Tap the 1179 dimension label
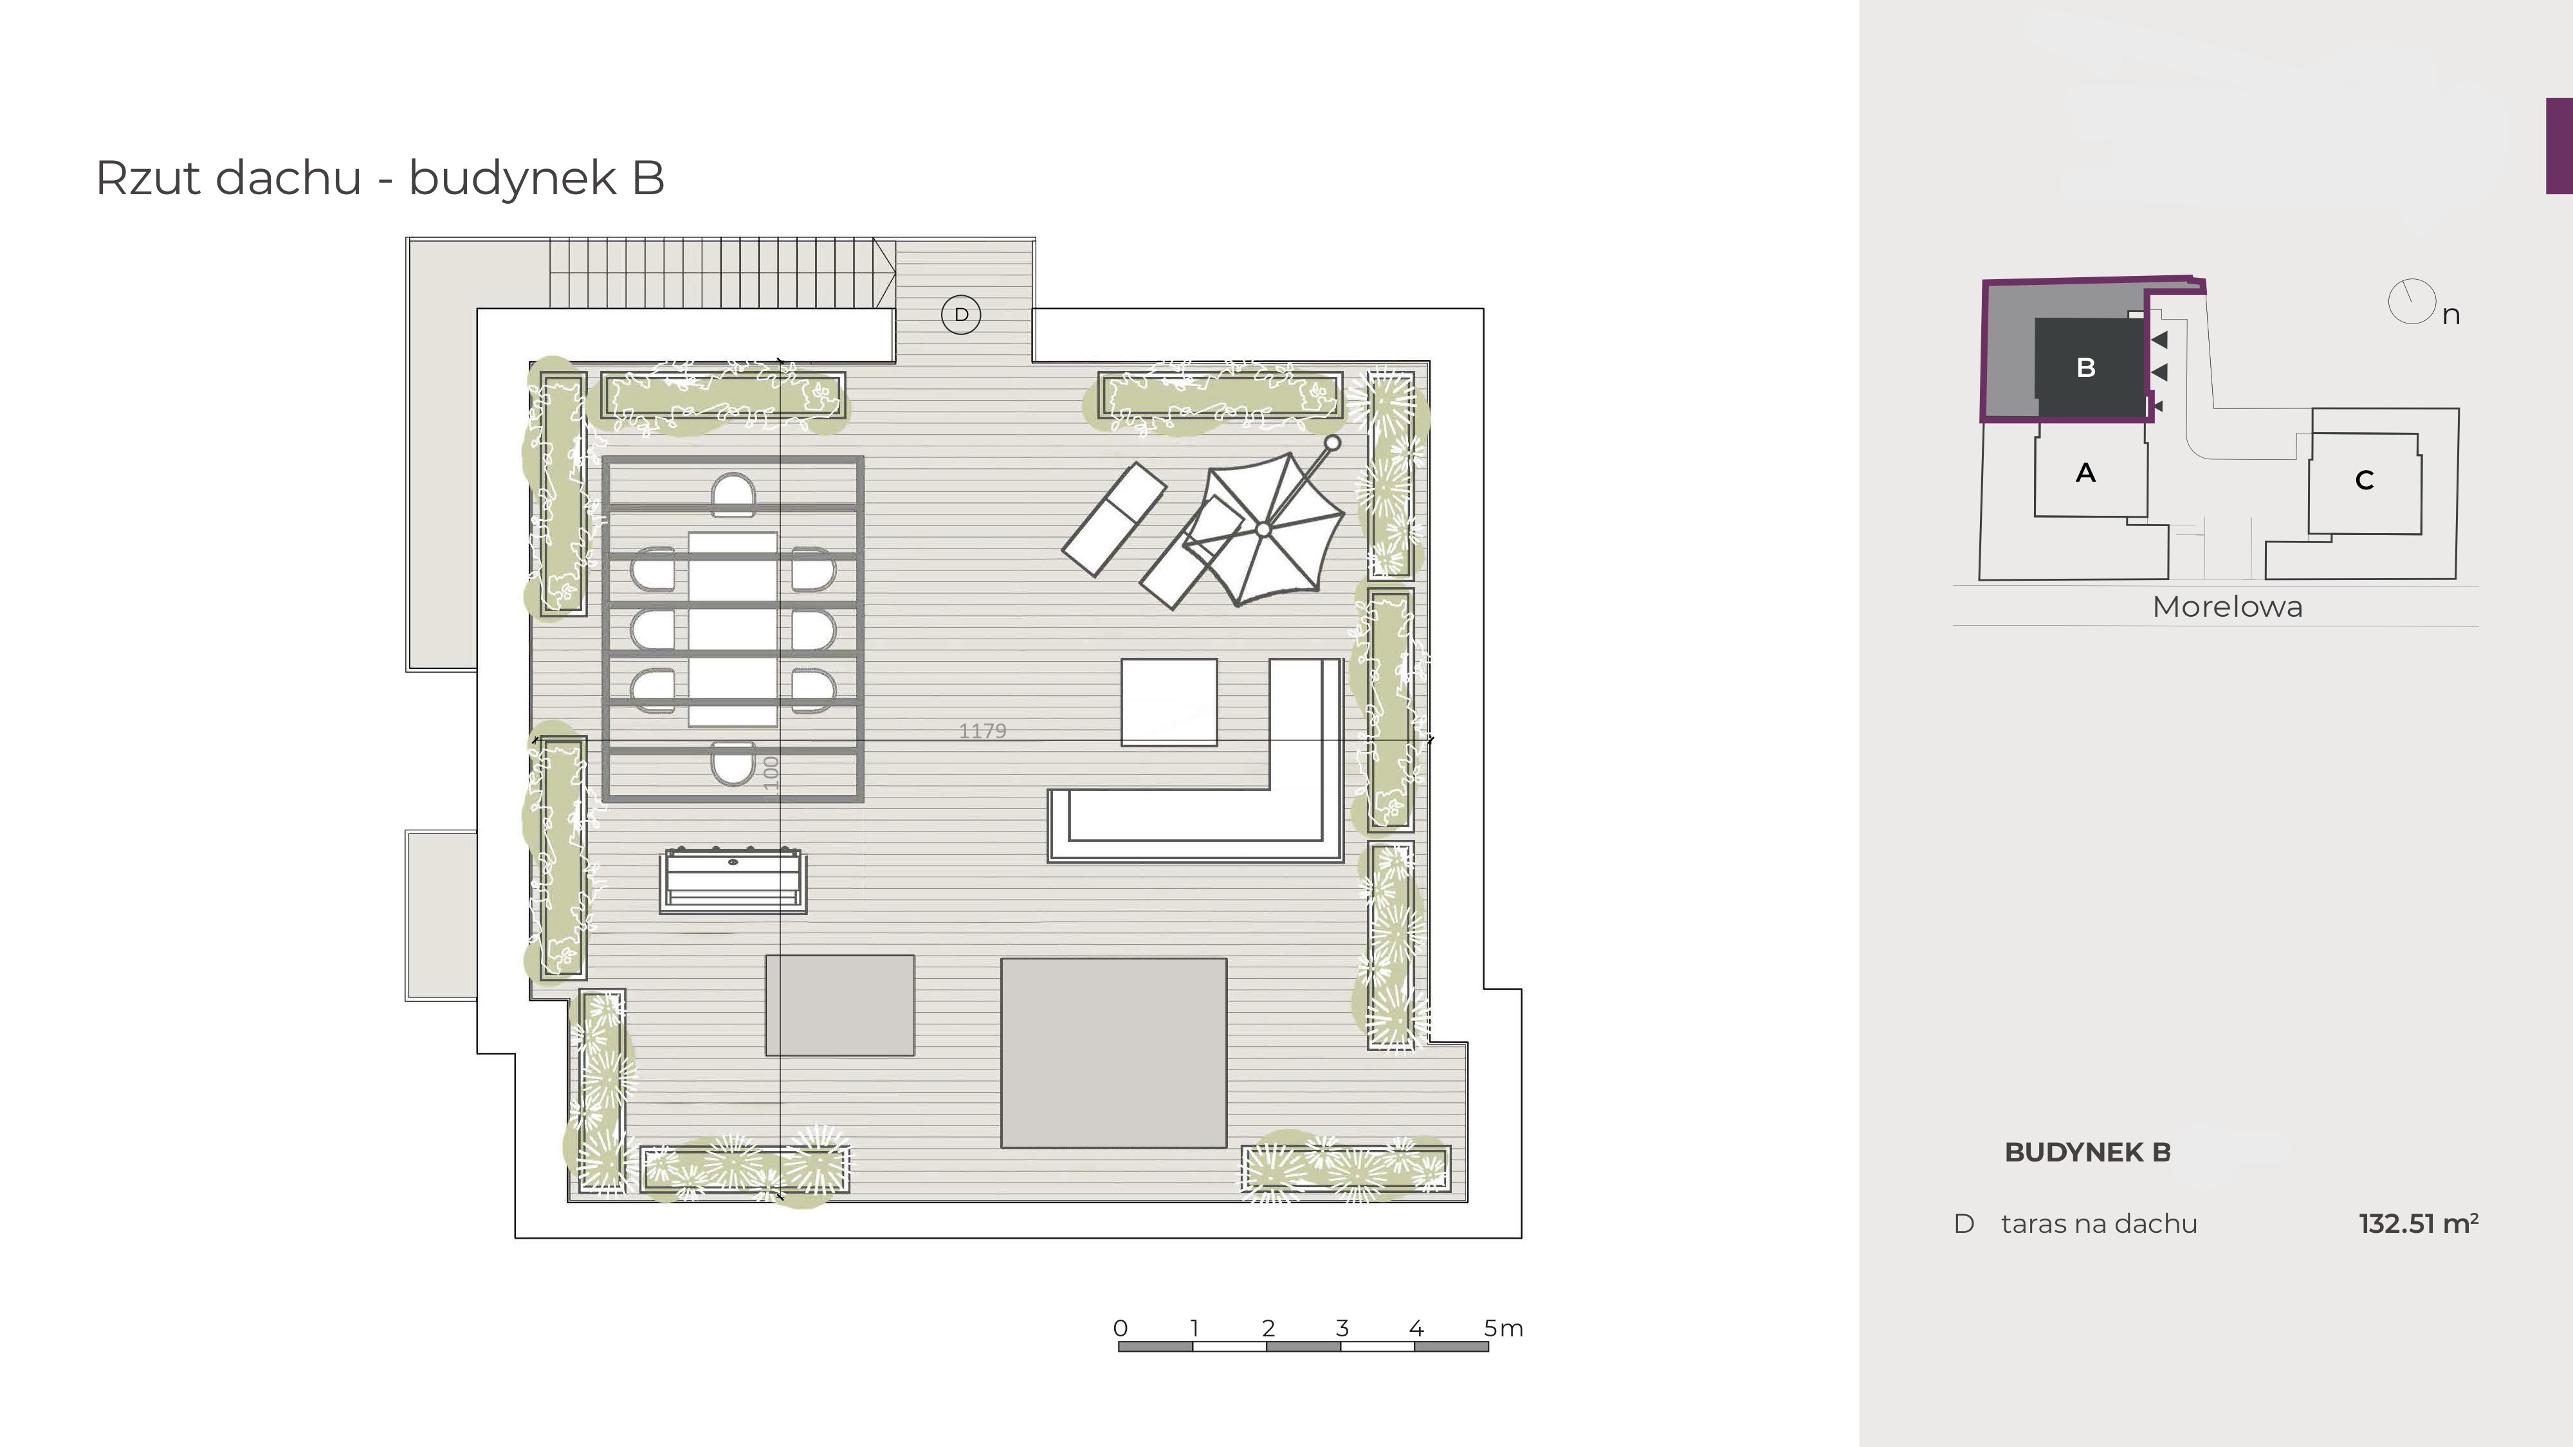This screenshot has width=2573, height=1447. (x=982, y=731)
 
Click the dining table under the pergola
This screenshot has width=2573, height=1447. (x=732, y=629)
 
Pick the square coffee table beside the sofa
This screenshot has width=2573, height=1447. (x=1169, y=702)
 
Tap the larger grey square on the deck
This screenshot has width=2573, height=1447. (x=1113, y=1053)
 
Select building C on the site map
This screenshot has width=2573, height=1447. (x=2364, y=480)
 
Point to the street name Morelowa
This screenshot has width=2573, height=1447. (x=2228, y=606)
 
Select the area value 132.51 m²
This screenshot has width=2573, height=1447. (x=2418, y=1223)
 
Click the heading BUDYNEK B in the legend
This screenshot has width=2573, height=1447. (x=2087, y=1152)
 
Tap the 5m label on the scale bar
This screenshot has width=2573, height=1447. (x=1503, y=1328)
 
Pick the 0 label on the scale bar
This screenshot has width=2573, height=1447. (x=1121, y=1328)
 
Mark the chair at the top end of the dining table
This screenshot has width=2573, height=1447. (x=733, y=495)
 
